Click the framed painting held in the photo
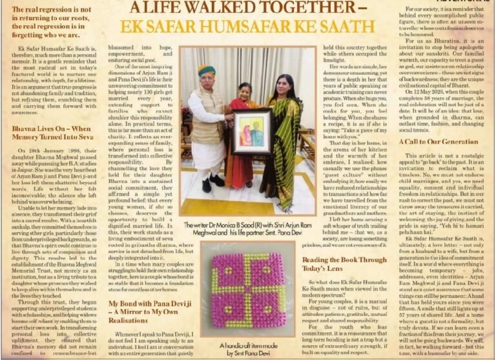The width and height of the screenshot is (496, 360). pos(251,132)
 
